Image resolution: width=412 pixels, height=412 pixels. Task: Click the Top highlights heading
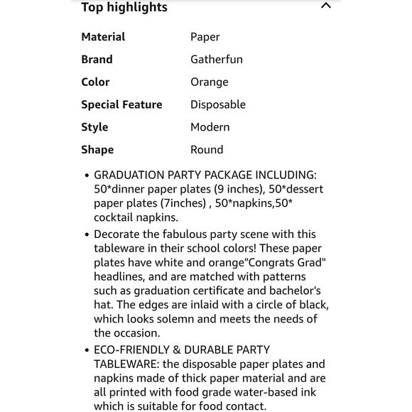tap(124, 8)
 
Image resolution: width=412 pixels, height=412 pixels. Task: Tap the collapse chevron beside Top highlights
tap(326, 6)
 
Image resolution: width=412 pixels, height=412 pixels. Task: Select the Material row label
tap(103, 37)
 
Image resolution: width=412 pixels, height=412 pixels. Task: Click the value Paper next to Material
tap(205, 37)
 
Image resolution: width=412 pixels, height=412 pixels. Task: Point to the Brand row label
tap(97, 60)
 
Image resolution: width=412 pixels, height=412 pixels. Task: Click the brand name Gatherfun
tap(216, 60)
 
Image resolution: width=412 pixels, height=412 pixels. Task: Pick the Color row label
tap(95, 82)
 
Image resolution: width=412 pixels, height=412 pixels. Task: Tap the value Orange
tap(209, 82)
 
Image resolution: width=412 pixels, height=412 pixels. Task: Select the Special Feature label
tap(121, 104)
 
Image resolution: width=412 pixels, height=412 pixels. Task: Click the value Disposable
tap(217, 104)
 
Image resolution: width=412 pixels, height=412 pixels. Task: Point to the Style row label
tap(94, 127)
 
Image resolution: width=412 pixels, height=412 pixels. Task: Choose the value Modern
tap(210, 127)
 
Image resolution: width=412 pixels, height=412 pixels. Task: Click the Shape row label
tap(97, 150)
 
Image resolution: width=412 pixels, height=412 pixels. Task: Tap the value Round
tap(207, 150)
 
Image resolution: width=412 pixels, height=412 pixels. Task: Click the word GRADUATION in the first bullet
tap(131, 175)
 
